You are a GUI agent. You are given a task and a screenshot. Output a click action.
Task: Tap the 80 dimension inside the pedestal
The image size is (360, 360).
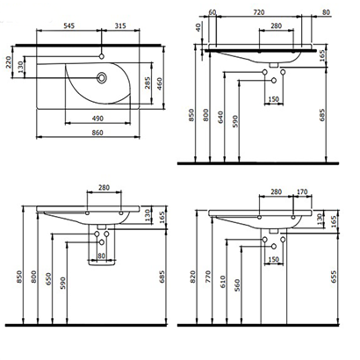click(102, 256)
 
